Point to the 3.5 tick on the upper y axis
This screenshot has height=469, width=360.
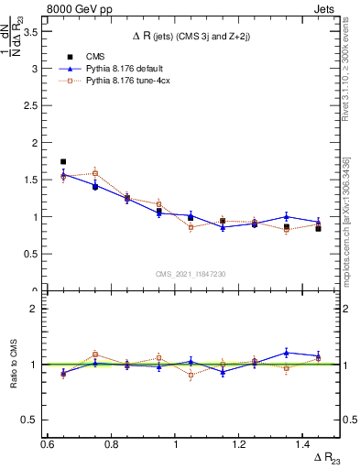tap(35, 31)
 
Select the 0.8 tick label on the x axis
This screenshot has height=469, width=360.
tap(111, 443)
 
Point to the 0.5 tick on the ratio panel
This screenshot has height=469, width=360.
tap(35, 420)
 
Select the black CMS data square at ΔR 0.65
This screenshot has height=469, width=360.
tap(63, 161)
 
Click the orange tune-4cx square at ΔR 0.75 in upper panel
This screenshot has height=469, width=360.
tap(95, 173)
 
